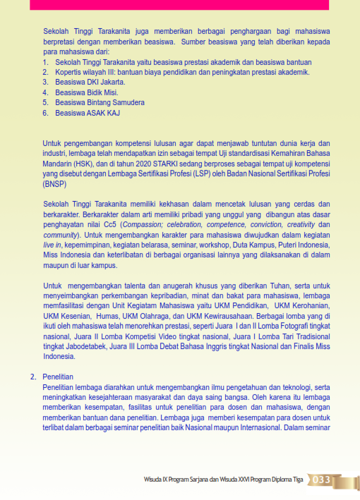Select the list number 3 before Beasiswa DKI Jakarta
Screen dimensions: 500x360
[x=45, y=82]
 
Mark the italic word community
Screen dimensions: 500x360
[x=61, y=234]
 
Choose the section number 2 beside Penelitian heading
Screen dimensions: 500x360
[x=32, y=377]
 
